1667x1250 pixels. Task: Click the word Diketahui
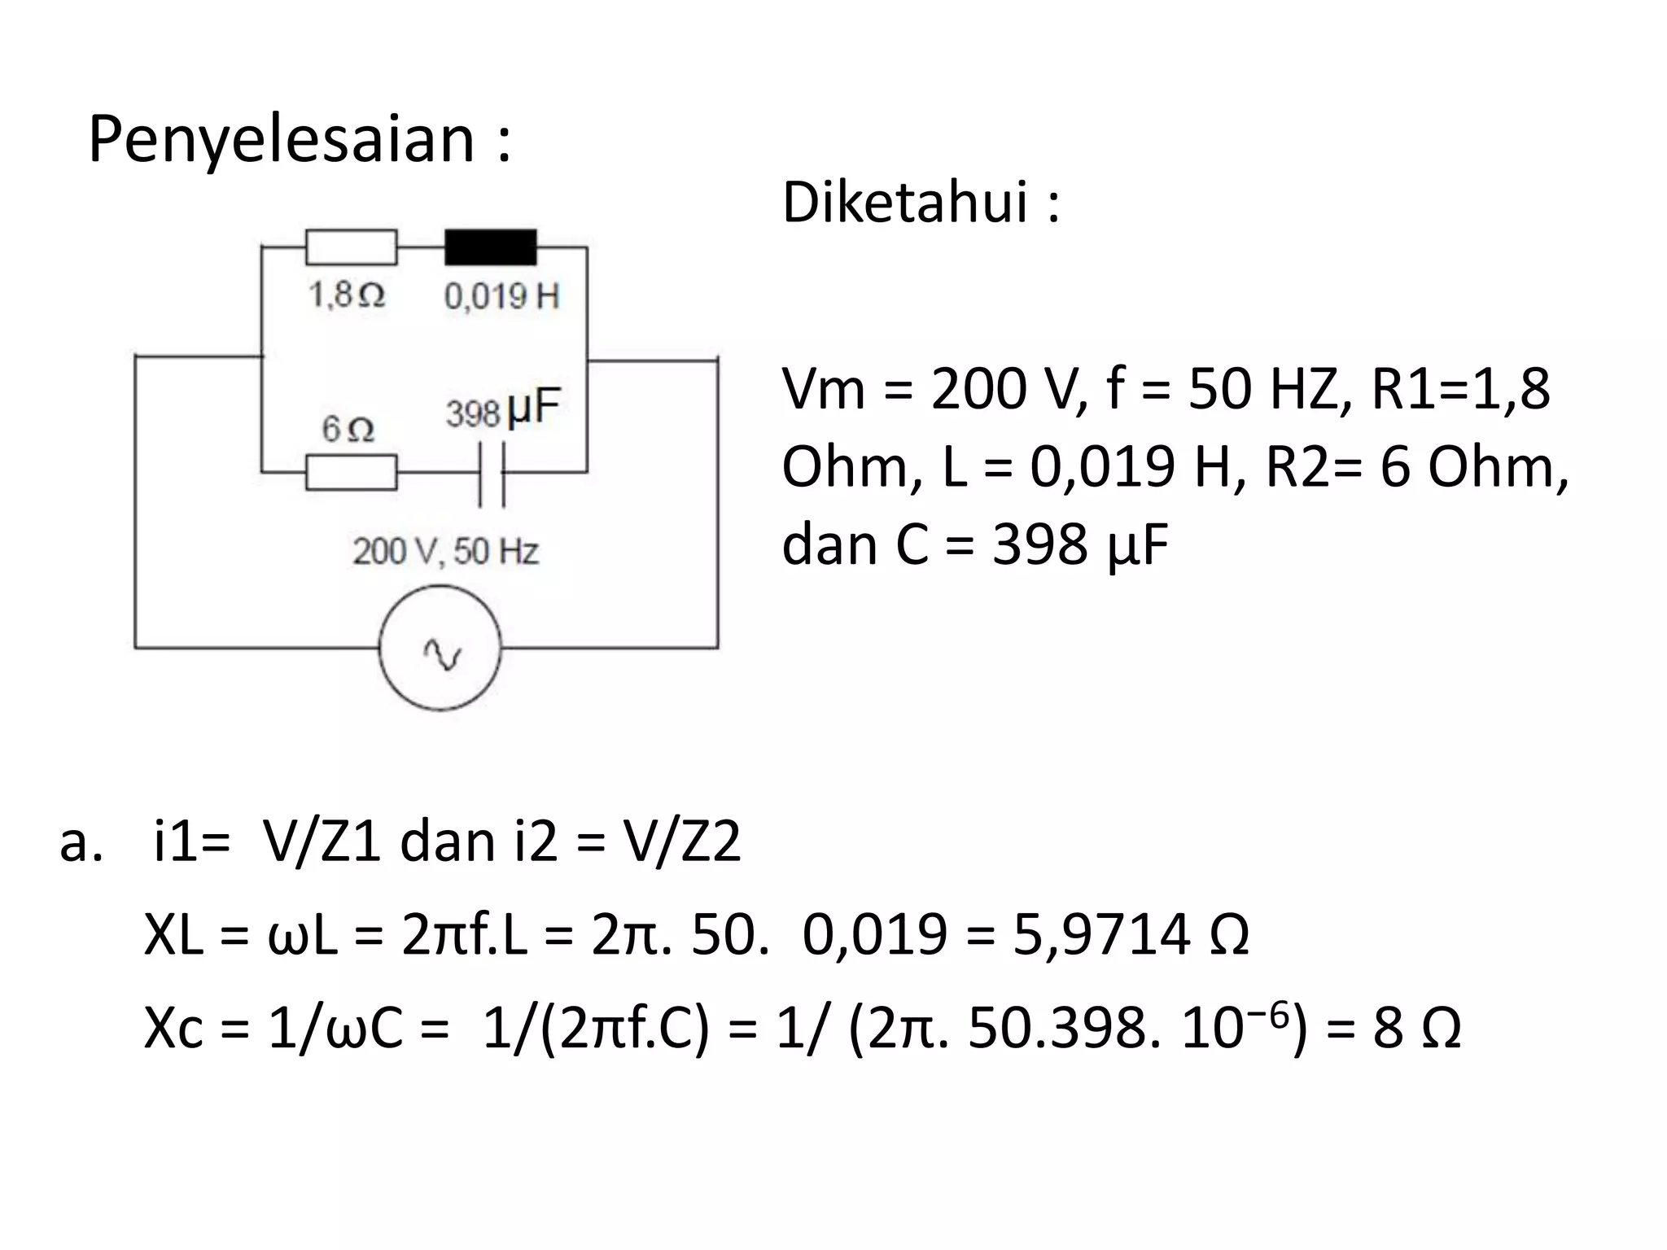tap(905, 202)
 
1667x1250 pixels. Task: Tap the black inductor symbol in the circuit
tap(490, 247)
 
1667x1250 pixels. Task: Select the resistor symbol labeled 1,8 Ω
tap(351, 247)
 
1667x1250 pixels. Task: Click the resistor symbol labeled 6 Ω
tap(351, 473)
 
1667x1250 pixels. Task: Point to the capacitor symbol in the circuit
tap(492, 474)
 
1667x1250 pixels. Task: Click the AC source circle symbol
tap(440, 649)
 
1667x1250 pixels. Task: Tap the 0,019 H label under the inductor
tap(501, 296)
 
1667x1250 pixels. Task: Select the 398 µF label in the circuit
tap(503, 409)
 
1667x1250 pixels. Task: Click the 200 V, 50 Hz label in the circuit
tap(445, 552)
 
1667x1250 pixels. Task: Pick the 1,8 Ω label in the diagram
tap(346, 295)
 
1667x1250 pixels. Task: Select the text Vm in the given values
tap(822, 389)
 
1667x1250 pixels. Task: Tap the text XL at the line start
tap(173, 935)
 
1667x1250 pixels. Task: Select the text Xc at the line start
tap(173, 1028)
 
